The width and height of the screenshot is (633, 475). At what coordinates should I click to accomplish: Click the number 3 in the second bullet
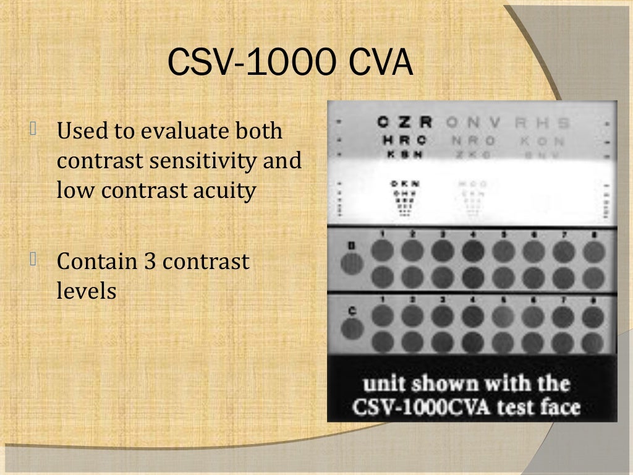click(150, 261)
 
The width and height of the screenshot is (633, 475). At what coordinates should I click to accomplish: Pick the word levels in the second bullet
click(87, 290)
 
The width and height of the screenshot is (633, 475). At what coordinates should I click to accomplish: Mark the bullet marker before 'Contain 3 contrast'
click(33, 260)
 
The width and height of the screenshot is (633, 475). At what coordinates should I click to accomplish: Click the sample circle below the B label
click(352, 264)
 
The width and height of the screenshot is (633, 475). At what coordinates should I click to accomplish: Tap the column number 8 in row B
click(593, 234)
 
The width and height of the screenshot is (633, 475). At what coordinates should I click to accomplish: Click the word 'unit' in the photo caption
click(383, 383)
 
